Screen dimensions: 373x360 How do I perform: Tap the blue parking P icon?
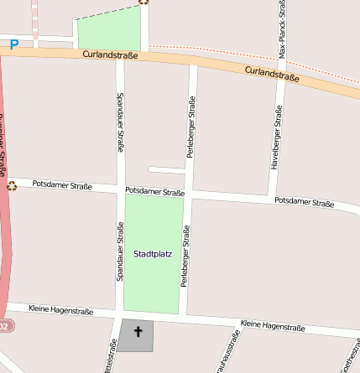pos(13,44)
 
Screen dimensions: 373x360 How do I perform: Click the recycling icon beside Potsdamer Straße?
pos(12,185)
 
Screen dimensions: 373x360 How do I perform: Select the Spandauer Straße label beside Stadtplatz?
pos(120,251)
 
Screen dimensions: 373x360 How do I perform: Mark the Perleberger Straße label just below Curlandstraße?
pos(191,127)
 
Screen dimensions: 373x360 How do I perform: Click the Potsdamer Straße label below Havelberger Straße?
pos(305,202)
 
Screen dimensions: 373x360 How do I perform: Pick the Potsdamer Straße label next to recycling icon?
pos(62,184)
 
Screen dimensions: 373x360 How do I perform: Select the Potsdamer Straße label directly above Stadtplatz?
pos(154,192)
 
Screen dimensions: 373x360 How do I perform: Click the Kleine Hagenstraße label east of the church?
pos(272,324)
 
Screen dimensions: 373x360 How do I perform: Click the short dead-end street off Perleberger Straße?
pos(165,170)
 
